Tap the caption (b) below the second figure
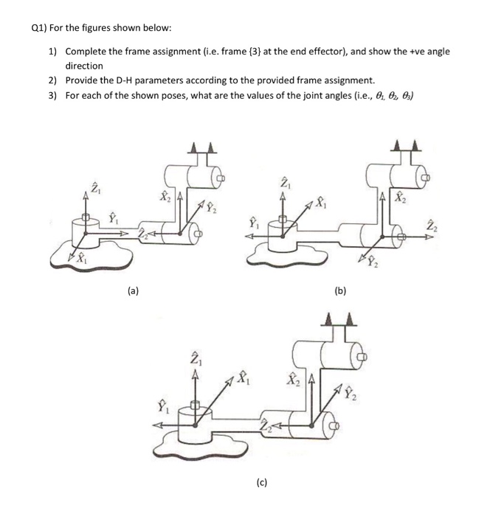point(339,291)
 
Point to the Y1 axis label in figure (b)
point(254,220)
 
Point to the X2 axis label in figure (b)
point(399,198)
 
